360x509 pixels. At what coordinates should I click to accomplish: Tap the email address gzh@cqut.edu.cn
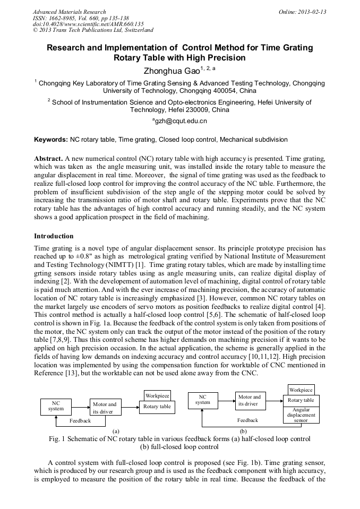(180, 121)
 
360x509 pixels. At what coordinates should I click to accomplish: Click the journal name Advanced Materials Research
(69, 12)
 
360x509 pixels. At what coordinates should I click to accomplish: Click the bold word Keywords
(50, 140)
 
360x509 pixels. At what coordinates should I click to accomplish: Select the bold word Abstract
(48, 159)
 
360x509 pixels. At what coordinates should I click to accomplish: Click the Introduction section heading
(54, 236)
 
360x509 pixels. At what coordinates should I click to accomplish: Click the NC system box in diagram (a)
(56, 407)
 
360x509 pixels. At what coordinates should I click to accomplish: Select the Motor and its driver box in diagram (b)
(250, 400)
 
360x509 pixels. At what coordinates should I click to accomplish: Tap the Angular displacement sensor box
(301, 415)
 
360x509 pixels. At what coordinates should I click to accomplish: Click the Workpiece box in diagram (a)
(158, 395)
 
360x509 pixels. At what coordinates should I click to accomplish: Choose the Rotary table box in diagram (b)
(301, 400)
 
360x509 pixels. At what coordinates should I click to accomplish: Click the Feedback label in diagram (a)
(80, 420)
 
